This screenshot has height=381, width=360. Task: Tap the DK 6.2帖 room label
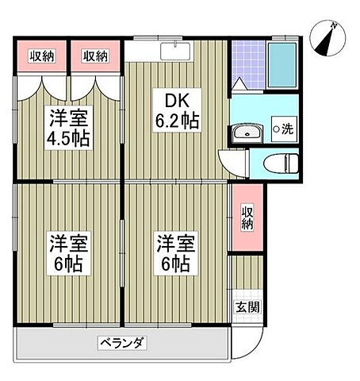click(177, 111)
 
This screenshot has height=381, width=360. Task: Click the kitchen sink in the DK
click(172, 51)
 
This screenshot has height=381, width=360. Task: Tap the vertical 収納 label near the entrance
click(247, 217)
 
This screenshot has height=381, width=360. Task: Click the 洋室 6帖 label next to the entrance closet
click(174, 252)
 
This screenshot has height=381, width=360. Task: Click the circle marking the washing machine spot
click(276, 129)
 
